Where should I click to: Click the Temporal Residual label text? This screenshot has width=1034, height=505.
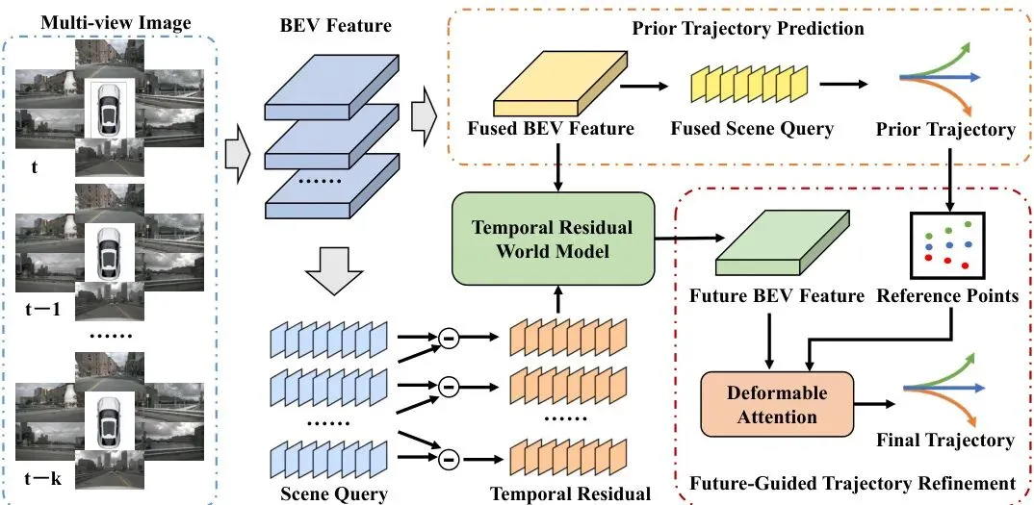tap(569, 493)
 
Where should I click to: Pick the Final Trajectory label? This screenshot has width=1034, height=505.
tap(944, 441)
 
